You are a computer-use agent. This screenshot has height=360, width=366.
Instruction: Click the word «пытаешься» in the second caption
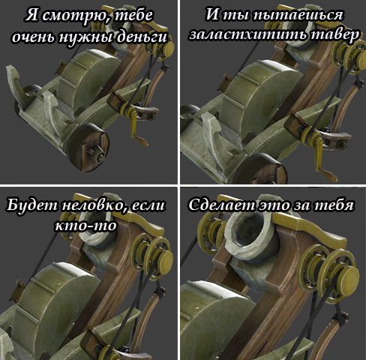[298, 16]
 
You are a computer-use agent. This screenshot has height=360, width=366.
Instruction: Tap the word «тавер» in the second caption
[331, 35]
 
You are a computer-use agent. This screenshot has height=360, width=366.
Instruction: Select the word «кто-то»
[85, 226]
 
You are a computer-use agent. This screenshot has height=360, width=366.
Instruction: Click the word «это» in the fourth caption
[274, 206]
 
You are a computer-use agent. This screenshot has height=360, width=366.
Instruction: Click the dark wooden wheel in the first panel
[88, 148]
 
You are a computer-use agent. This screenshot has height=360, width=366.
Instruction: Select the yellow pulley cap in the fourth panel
[349, 277]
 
